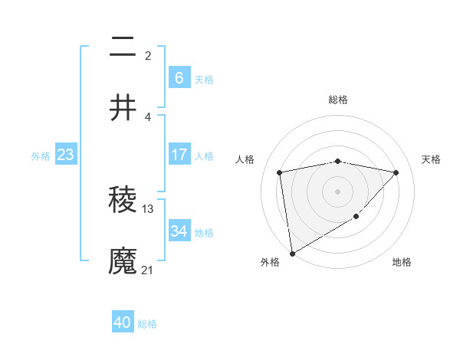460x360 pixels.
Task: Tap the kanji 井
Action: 123,108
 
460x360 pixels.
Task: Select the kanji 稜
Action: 123,200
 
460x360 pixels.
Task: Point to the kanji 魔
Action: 123,261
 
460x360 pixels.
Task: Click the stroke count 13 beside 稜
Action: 148,208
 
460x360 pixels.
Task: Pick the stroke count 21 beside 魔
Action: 148,270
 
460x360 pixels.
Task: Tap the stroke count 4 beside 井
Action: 148,116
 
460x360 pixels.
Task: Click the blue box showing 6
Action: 179,78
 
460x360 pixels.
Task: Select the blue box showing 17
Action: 179,155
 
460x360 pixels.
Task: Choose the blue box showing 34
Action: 179,231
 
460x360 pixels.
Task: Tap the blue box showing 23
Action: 65,155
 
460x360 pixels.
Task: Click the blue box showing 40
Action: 123,322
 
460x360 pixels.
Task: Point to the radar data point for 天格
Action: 396,172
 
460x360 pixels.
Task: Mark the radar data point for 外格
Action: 292,253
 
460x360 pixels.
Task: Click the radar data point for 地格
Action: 356,217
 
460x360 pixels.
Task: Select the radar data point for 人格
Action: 280,172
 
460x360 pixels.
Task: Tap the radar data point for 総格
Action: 338,161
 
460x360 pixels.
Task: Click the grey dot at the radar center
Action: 338,191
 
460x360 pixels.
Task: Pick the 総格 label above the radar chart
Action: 338,100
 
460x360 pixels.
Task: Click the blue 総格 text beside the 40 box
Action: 147,324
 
